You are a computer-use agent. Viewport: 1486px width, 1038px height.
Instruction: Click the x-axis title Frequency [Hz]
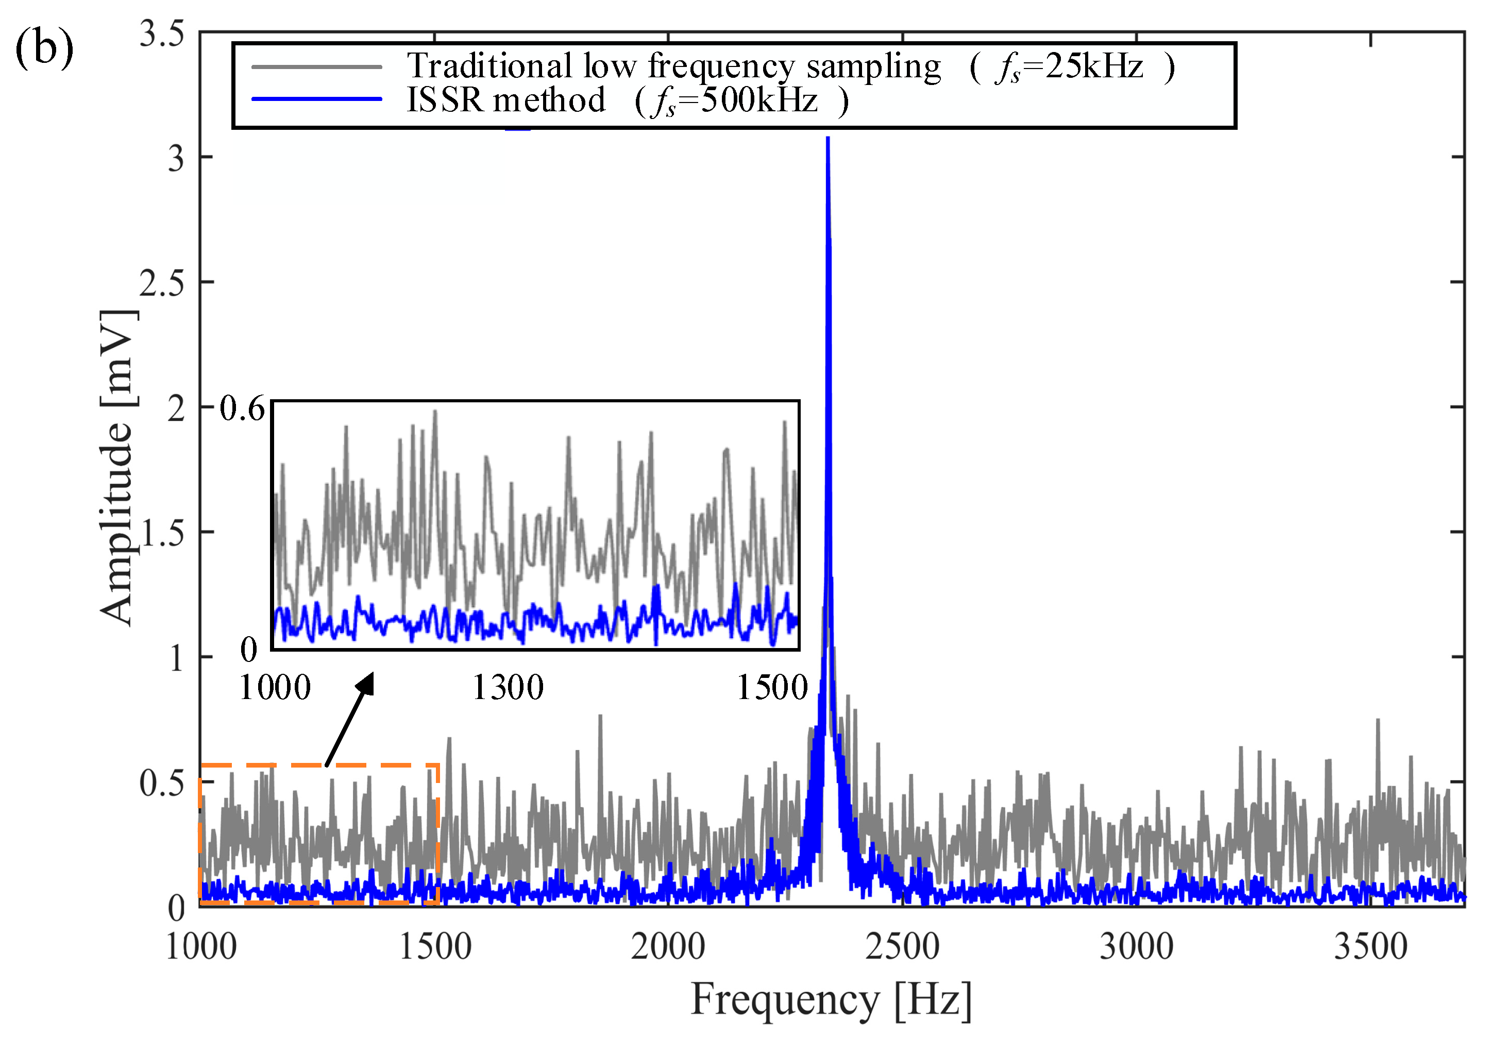(831, 1000)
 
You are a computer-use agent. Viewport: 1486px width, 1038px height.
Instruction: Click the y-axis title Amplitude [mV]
(119, 467)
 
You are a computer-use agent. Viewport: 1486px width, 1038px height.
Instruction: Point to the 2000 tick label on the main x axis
(668, 947)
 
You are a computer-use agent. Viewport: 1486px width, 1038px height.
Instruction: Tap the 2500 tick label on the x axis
(902, 947)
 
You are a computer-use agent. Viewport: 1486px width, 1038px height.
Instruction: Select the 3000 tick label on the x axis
(1137, 947)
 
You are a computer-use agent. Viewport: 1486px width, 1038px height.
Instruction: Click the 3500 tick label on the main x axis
(1371, 947)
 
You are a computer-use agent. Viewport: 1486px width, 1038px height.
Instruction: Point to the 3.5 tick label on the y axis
(162, 33)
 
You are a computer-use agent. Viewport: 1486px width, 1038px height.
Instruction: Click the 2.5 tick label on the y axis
(162, 283)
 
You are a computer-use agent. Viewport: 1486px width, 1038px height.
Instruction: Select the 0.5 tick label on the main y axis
(162, 783)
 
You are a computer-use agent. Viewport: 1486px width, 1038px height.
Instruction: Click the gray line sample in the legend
(316, 66)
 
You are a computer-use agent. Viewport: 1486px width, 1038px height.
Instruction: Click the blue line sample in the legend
(316, 99)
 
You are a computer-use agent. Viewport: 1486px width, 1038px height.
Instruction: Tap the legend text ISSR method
(505, 100)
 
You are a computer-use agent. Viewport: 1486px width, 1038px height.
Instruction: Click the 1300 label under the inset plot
(508, 687)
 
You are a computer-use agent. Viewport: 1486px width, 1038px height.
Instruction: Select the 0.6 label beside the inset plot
(242, 409)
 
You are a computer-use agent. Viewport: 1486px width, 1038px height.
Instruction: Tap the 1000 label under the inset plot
(275, 687)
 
